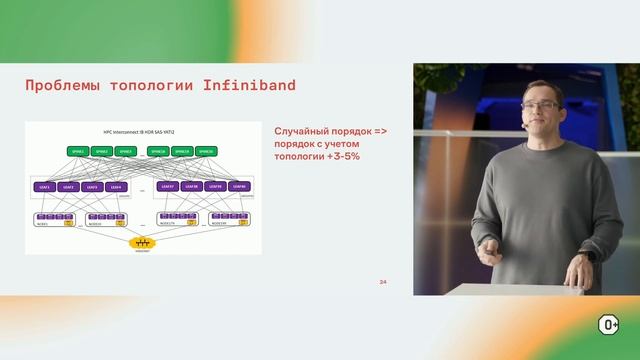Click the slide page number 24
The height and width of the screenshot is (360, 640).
pos(382,282)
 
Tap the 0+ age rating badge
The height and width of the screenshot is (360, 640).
pos(608,324)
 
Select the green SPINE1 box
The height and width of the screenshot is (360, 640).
pos(77,152)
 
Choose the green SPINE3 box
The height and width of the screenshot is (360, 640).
pos(125,152)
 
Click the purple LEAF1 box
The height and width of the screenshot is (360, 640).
pos(45,186)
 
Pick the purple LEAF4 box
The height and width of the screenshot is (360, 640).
pos(116,186)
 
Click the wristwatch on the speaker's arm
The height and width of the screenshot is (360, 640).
pos(592,256)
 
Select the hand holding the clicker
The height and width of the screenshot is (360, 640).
pos(490,256)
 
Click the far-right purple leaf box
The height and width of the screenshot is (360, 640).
pos(238,186)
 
